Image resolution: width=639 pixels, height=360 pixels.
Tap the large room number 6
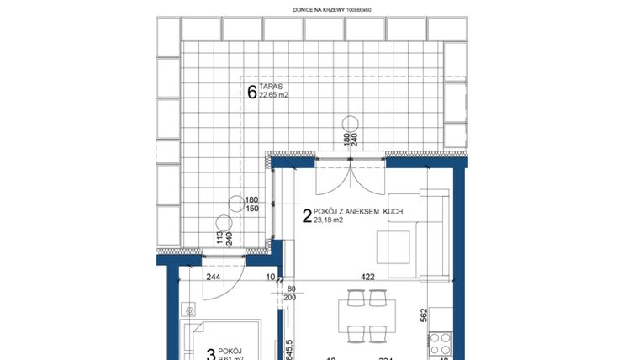(x=251, y=92)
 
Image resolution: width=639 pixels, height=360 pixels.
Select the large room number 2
(x=306, y=216)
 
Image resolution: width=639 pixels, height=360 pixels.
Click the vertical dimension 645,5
(x=288, y=349)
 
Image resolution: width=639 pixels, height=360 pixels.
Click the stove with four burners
(x=440, y=342)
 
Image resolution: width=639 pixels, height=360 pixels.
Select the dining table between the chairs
(x=367, y=315)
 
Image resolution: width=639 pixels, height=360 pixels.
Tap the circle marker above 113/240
(x=224, y=223)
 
